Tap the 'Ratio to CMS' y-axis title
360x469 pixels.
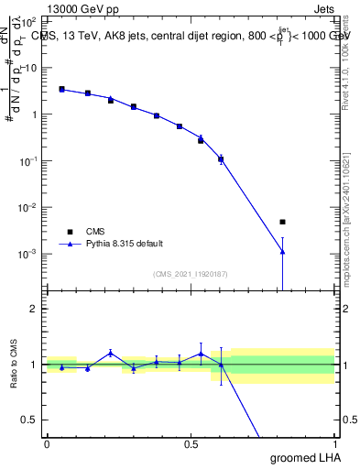[x=14, y=364]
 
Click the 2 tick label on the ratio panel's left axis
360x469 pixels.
[x=35, y=309]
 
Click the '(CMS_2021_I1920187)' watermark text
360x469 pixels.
[x=190, y=274]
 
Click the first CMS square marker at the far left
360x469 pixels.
[x=61, y=89]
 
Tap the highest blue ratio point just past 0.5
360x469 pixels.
[x=201, y=354]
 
